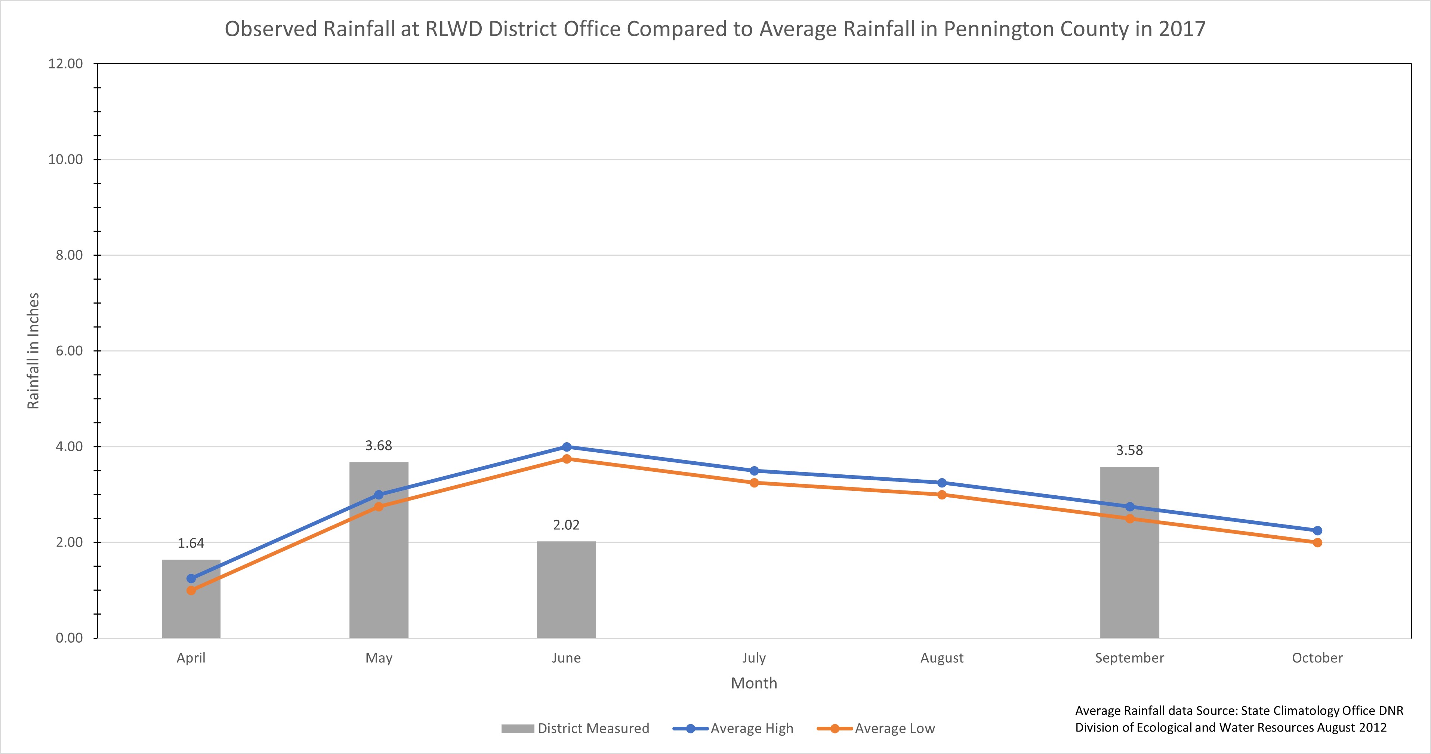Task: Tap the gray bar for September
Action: click(x=1129, y=578)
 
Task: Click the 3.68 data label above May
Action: click(x=378, y=446)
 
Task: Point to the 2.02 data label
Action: click(x=566, y=525)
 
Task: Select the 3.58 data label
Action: click(x=1129, y=450)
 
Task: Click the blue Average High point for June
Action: click(x=567, y=447)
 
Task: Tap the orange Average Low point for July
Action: click(x=754, y=483)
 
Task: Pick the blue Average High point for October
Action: click(x=1317, y=530)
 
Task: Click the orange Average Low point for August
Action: click(x=941, y=495)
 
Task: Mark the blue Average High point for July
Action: click(x=754, y=471)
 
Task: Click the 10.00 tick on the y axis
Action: click(x=65, y=160)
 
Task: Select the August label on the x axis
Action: click(x=941, y=658)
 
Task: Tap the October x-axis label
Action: click(x=1317, y=658)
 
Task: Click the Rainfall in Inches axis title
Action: click(x=33, y=351)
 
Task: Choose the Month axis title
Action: click(x=754, y=683)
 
